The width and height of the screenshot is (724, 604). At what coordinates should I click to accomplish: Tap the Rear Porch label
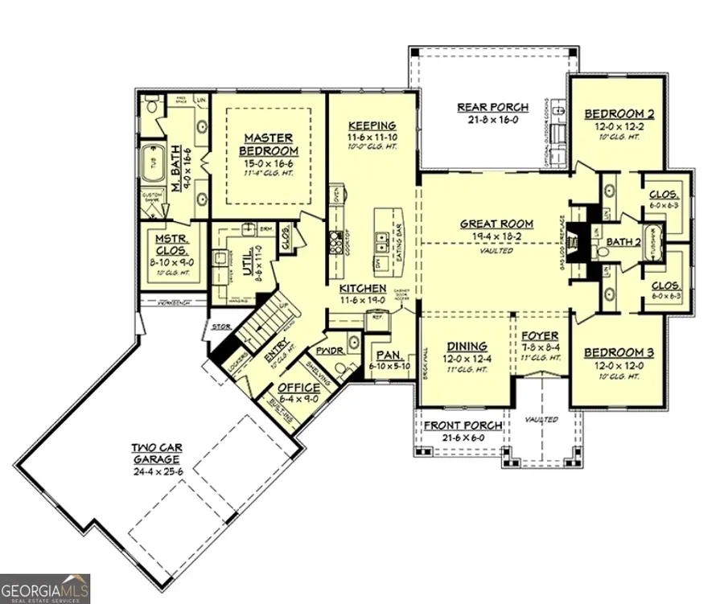coord(492,107)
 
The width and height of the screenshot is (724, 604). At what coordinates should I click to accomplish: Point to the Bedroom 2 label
coord(619,114)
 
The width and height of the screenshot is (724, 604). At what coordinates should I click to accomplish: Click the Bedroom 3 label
coord(619,352)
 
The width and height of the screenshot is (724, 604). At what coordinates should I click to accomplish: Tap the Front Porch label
coord(463,425)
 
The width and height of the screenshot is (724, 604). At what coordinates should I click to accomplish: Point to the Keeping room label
coord(372,125)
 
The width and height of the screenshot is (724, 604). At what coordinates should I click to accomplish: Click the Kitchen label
coord(363,288)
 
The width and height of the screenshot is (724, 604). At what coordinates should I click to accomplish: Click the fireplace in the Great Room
coord(573,239)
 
